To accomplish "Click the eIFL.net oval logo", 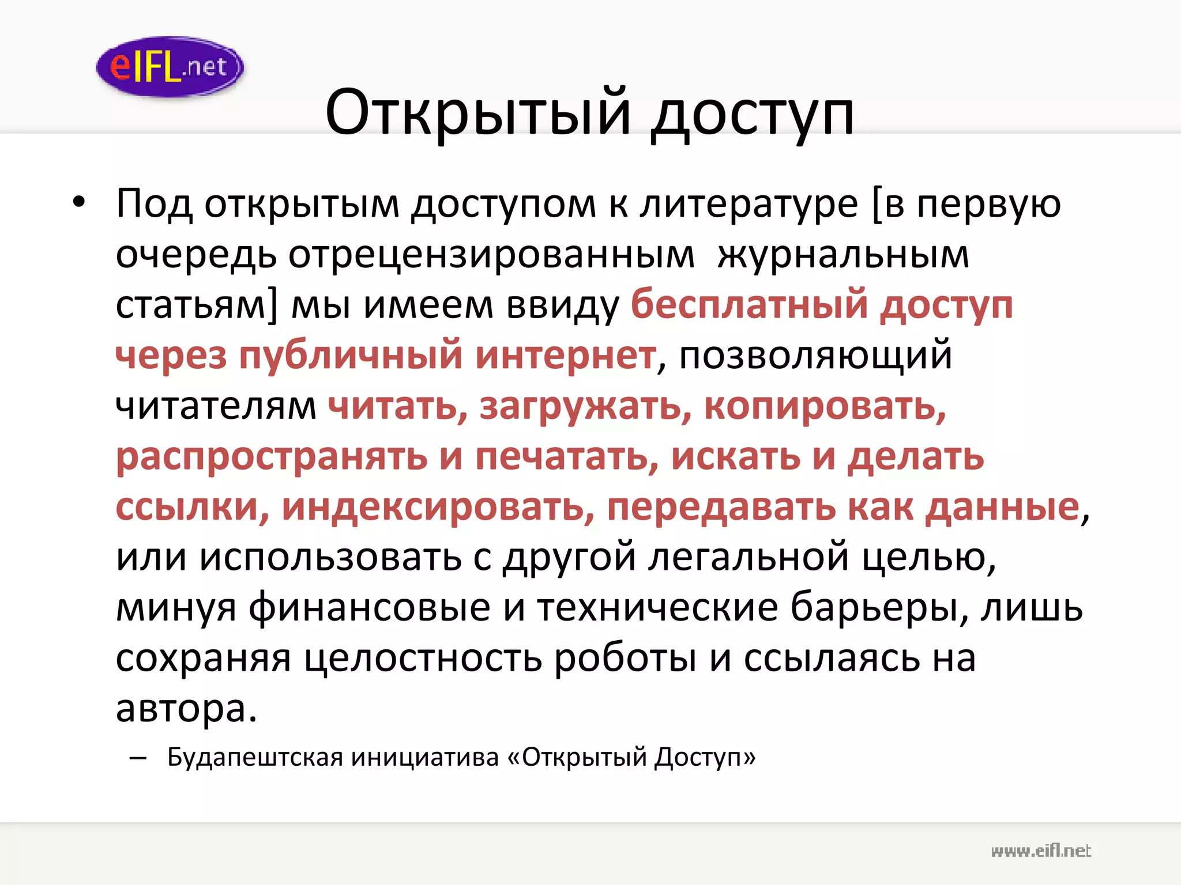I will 170,66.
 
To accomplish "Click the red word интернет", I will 565,355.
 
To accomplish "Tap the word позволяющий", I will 815,355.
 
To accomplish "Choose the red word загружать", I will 585,406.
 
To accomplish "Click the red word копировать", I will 825,406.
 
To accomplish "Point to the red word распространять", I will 272,457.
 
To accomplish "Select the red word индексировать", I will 438,507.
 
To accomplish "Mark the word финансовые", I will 369,607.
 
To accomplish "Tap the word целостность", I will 423,658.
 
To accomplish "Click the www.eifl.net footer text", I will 1041,851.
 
